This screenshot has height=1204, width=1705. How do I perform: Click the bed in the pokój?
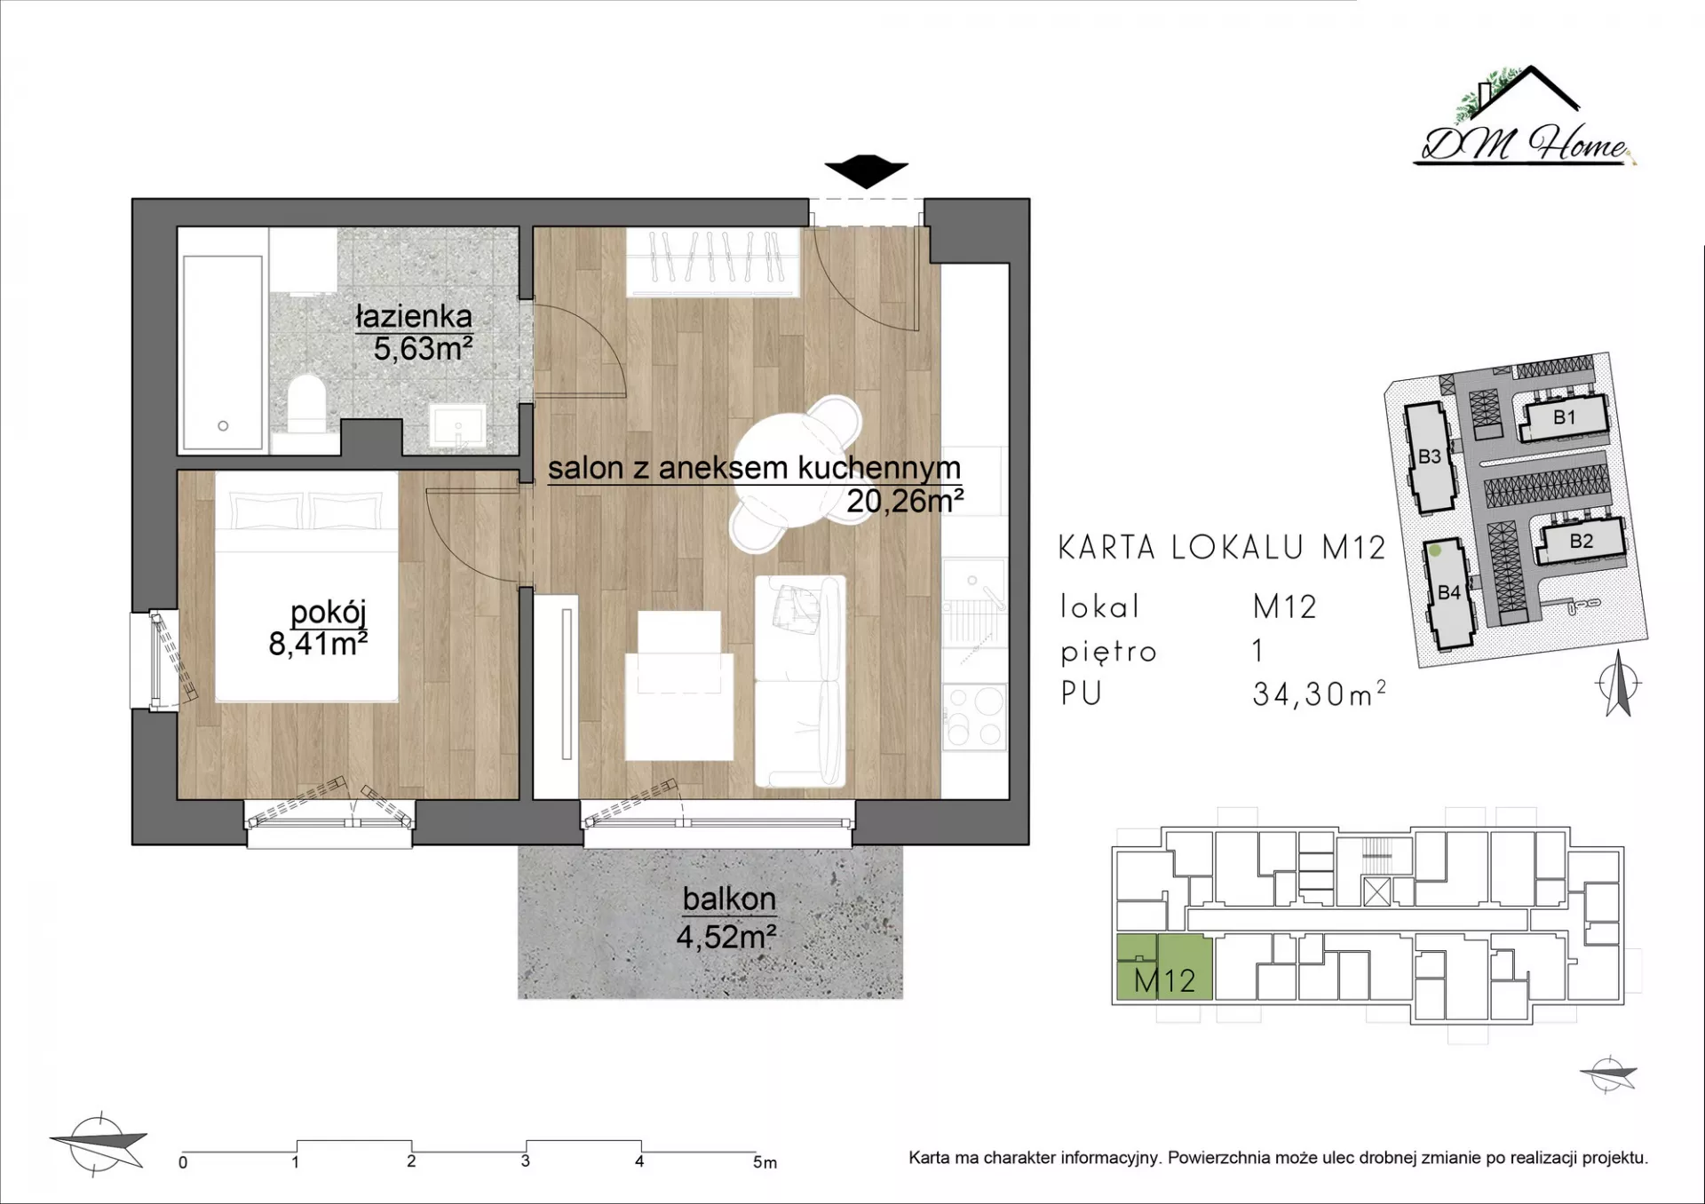(x=306, y=586)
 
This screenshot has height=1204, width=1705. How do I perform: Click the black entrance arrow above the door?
(x=866, y=171)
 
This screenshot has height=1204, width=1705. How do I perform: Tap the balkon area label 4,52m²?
(x=726, y=937)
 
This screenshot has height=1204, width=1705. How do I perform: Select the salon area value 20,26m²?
(x=905, y=502)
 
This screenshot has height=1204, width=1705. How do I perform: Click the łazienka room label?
(x=414, y=317)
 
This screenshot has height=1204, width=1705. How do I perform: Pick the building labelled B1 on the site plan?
(x=1565, y=418)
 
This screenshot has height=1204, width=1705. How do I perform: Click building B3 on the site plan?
(x=1430, y=457)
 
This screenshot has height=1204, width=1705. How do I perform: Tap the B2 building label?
(x=1582, y=541)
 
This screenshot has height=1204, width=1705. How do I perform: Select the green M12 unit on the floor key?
(x=1164, y=968)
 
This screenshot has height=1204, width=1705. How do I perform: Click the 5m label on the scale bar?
(x=765, y=1162)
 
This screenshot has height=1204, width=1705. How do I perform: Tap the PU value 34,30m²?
(x=1320, y=693)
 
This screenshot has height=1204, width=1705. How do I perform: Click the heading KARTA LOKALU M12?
(x=1222, y=548)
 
